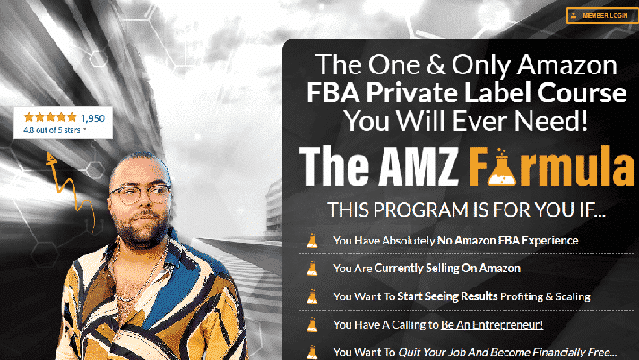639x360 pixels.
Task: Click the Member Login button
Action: [x=602, y=16]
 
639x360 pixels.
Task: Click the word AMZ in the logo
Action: [x=419, y=167]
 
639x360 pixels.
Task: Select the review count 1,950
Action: [x=92, y=118]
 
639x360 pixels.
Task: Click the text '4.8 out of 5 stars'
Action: [x=52, y=130]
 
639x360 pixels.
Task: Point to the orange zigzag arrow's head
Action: [x=51, y=159]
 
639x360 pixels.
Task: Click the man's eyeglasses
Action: [x=140, y=193]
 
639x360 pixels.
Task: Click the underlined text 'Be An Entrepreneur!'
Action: [x=492, y=324]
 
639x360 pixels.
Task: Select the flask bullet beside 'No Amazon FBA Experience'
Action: [x=312, y=241]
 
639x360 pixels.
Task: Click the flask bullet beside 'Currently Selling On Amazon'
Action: [x=312, y=269]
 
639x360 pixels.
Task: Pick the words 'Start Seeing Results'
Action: [x=447, y=296]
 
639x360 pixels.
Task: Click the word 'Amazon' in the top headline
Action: [x=567, y=64]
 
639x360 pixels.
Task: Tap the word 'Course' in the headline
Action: [x=582, y=93]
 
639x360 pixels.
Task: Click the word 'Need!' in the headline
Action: [x=551, y=121]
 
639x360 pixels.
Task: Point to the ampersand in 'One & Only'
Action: [x=436, y=65]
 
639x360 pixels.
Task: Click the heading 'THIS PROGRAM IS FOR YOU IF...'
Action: [x=467, y=210]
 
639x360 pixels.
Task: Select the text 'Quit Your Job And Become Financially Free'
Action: [x=502, y=353]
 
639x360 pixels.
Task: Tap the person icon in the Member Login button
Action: [x=574, y=16]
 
